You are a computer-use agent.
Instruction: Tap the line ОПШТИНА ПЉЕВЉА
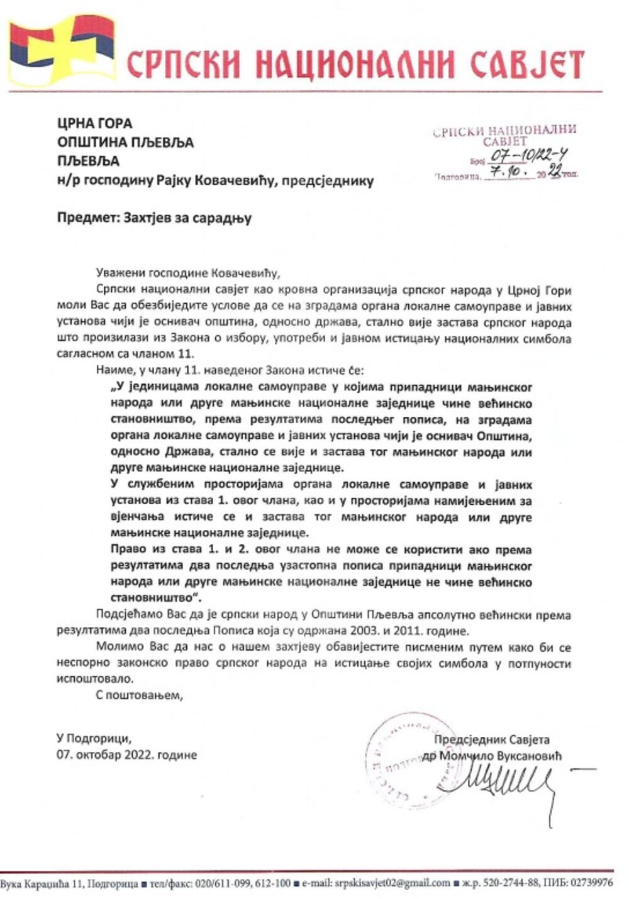pos(125,142)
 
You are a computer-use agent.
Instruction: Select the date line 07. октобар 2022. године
pos(126,754)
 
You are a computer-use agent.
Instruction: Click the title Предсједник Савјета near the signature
pos(491,740)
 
